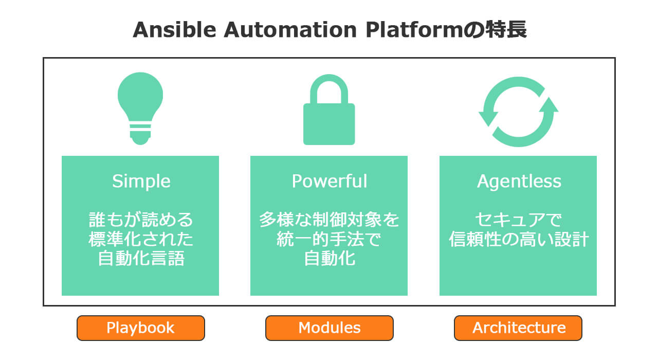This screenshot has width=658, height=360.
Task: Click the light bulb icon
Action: point(140,109)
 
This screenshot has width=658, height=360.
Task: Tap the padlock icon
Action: point(329,111)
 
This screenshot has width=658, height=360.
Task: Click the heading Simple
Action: point(141,181)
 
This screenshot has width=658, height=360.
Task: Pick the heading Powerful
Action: point(329,181)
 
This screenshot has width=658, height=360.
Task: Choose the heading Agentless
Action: point(519,181)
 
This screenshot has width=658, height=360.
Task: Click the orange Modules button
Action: point(330,328)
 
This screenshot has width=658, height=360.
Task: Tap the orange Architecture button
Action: point(518,328)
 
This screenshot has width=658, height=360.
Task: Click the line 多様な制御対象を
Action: point(329,221)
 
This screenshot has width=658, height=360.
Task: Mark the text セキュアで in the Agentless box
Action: point(518,221)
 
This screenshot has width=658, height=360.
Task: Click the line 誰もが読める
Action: point(141,221)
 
